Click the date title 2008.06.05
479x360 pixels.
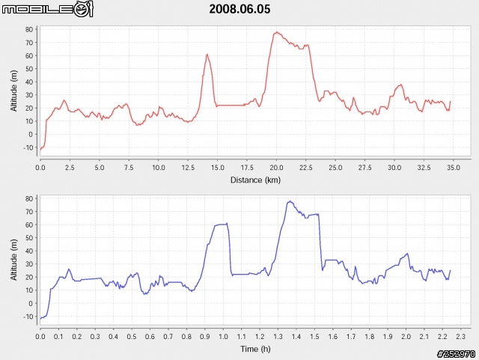tap(239, 10)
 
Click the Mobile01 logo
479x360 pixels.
tap(47, 10)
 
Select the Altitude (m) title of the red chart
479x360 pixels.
tap(14, 91)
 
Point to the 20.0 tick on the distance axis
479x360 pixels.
tap(277, 167)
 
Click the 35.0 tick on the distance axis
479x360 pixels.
tap(454, 167)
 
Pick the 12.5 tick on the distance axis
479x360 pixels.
tap(188, 167)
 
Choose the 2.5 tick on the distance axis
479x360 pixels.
tap(70, 167)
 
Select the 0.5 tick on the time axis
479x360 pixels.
tap(132, 336)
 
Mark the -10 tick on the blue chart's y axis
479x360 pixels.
tap(28, 317)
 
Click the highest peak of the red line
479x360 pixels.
tap(277, 32)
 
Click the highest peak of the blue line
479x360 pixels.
tap(289, 201)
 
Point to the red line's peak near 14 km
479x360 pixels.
tap(207, 54)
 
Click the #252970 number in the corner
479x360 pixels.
tap(456, 353)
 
